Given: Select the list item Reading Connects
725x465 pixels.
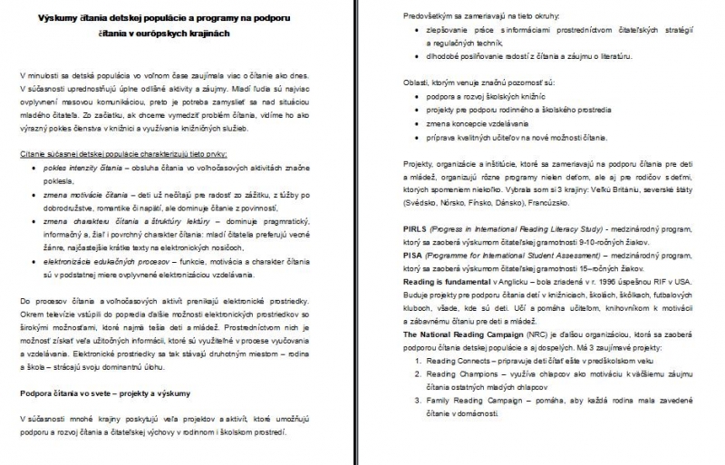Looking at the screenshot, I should coord(467,360).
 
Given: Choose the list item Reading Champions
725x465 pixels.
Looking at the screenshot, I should coord(469,373).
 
